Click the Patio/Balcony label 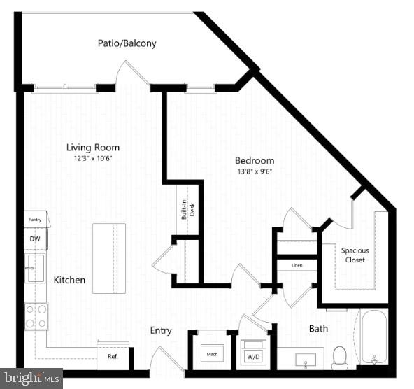tap(127, 43)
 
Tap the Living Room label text tap(93, 148)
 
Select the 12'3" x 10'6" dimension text tap(93, 159)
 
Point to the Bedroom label tap(254, 160)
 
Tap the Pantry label tap(35, 220)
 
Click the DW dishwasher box tap(35, 239)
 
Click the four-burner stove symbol tap(36, 316)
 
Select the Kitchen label tap(70, 280)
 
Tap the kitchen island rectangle tap(109, 258)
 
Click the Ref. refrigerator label tap(113, 356)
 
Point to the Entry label tap(161, 330)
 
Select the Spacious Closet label tap(355, 255)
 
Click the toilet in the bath tap(340, 356)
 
